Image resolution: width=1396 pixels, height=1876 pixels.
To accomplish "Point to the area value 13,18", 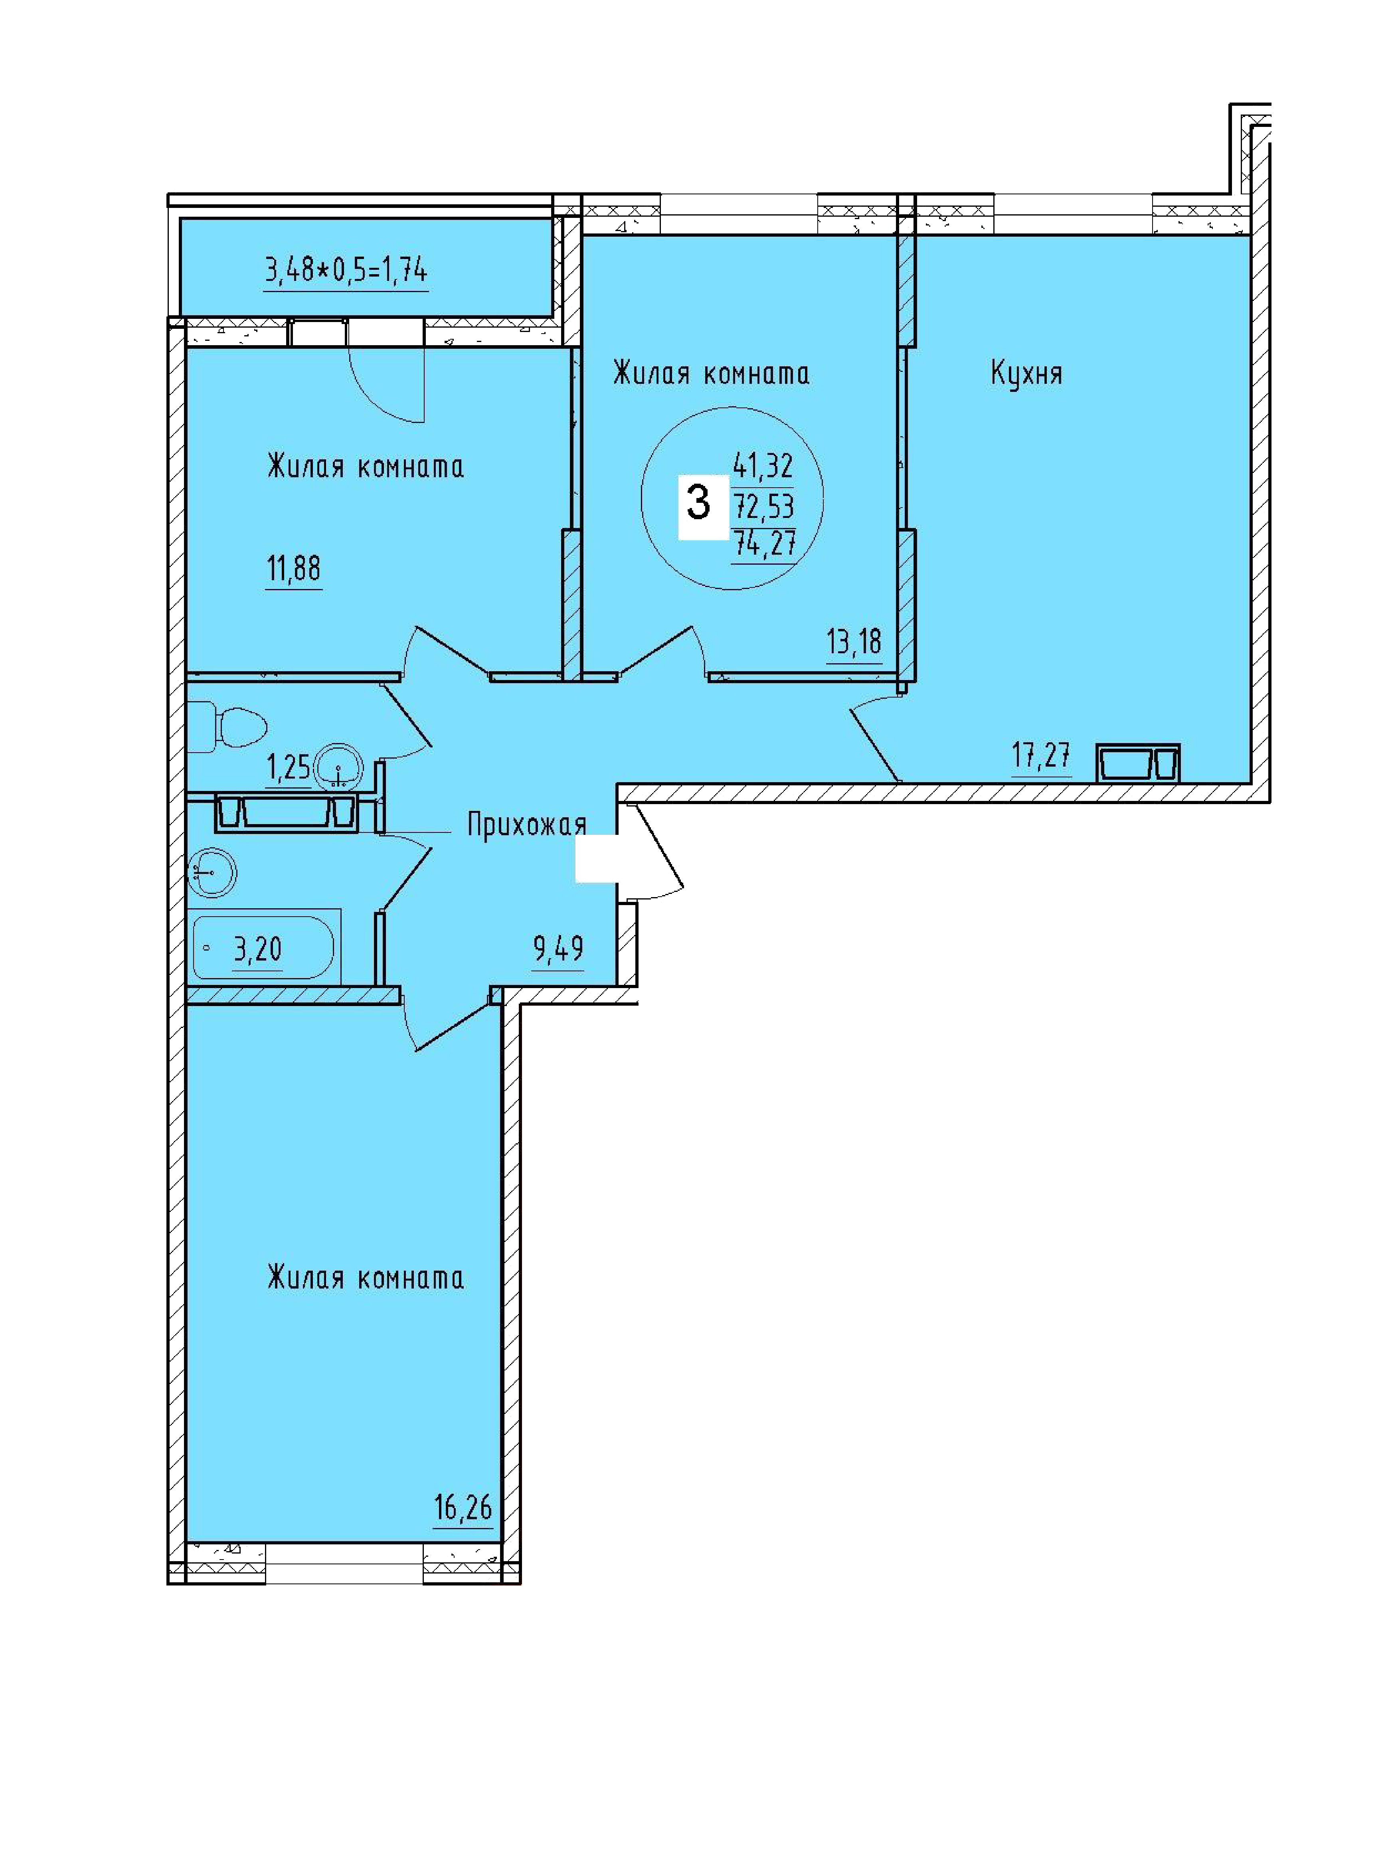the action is click(x=854, y=642).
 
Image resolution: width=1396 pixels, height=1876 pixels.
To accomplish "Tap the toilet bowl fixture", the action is click(x=226, y=727).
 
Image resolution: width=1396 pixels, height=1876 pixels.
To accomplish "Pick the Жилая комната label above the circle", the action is click(x=711, y=373).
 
